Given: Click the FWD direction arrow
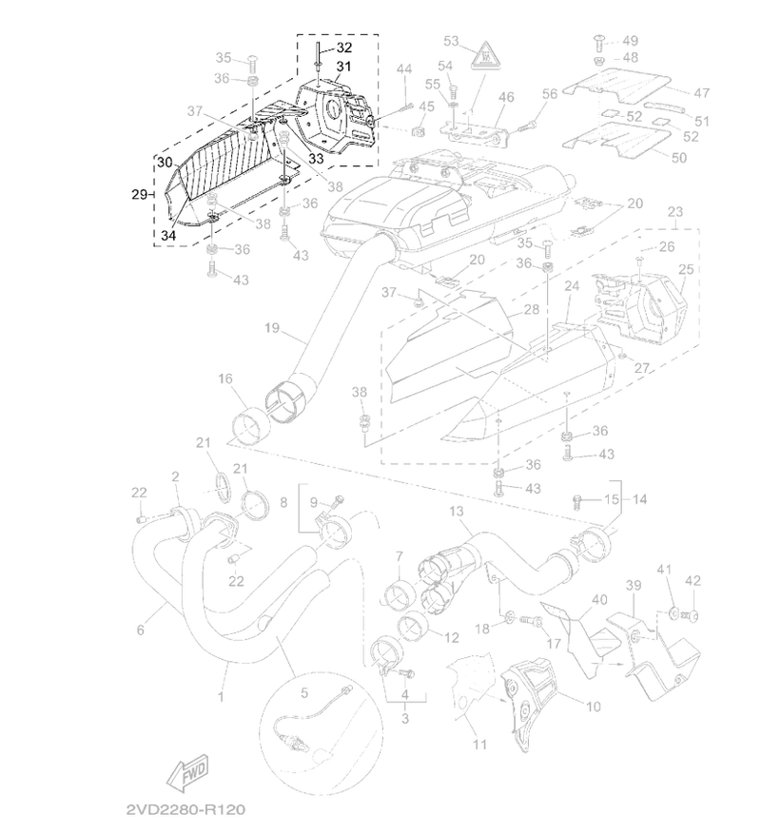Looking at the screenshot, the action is [187, 772].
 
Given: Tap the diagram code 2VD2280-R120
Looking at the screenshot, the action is [185, 809].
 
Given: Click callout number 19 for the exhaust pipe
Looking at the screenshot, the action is [272, 328].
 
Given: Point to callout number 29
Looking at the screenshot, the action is [140, 195].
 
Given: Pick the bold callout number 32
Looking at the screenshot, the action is [344, 48].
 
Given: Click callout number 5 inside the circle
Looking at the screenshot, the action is [303, 692].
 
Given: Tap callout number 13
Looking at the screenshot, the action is [456, 512].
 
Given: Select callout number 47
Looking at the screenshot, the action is [702, 92].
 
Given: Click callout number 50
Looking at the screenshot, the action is [679, 158].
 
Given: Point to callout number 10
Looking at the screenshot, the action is [593, 707].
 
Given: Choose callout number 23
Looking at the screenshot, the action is [674, 212].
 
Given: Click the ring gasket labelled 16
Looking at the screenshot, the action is [249, 424].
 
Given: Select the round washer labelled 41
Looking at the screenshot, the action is [673, 614].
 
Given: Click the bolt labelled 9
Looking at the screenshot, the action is [338, 500].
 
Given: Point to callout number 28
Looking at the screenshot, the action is [531, 309].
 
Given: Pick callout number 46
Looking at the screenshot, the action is [506, 97].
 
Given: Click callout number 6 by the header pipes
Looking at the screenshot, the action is [141, 630].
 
